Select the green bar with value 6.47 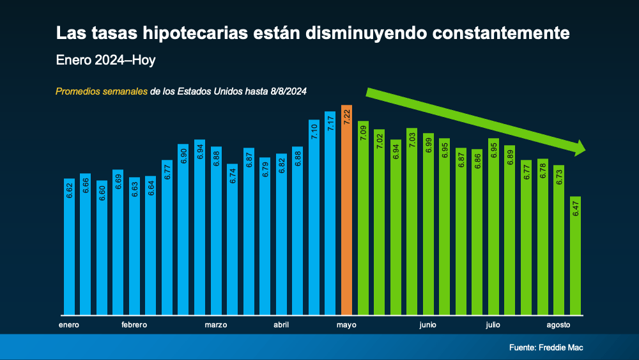[x=575, y=256]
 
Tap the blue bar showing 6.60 [x=102, y=249]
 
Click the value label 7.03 [x=412, y=141]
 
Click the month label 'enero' [x=69, y=325]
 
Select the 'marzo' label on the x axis [x=216, y=325]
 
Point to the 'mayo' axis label [x=346, y=325]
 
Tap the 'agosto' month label [x=558, y=325]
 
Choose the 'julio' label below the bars [x=493, y=325]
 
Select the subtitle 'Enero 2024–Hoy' [x=105, y=61]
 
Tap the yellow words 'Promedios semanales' [x=102, y=91]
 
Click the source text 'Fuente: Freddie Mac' [x=546, y=348]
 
